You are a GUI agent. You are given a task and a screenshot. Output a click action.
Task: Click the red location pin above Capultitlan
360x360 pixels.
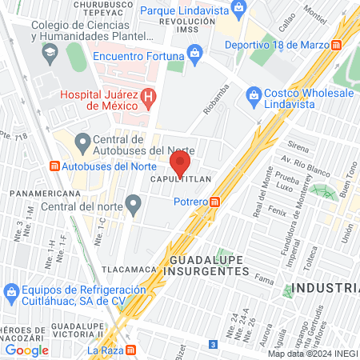pos(180,162)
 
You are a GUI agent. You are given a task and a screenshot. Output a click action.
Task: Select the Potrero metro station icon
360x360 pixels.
pos(214,202)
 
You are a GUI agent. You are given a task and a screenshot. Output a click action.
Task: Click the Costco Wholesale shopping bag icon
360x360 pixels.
pos(254,93)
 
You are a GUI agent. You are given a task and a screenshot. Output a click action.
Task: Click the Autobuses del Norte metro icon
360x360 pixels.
pos(54,166)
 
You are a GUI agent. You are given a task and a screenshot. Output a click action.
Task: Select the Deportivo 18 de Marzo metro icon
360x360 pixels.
pos(338,44)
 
